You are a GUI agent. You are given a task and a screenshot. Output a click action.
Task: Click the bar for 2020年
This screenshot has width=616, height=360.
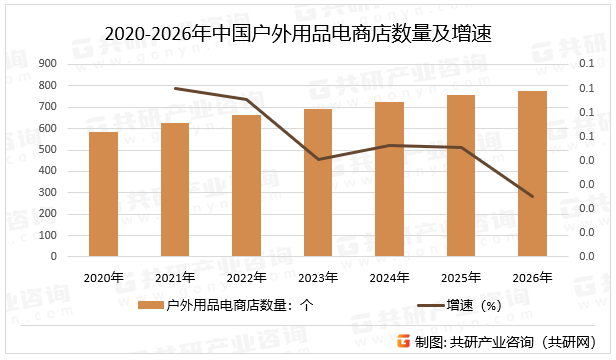103,194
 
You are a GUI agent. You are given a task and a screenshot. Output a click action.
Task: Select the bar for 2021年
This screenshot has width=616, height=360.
175,190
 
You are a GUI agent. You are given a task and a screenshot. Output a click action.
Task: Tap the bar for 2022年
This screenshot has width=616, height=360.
246,186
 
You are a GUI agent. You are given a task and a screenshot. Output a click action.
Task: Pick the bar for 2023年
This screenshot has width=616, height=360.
318,183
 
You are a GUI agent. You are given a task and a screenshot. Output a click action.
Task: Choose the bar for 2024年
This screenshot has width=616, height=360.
389,179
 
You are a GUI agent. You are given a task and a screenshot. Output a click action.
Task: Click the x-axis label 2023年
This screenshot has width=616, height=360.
318,277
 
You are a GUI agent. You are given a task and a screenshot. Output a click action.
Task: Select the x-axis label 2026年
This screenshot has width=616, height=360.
532,277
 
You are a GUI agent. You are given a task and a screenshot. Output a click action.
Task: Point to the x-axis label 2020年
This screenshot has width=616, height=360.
103,277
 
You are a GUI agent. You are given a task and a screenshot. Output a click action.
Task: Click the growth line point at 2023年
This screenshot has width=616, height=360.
318,159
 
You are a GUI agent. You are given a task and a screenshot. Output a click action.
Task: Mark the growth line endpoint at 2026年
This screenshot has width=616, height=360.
532,196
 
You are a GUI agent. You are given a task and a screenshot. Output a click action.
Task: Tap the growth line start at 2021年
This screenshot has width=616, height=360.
175,88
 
